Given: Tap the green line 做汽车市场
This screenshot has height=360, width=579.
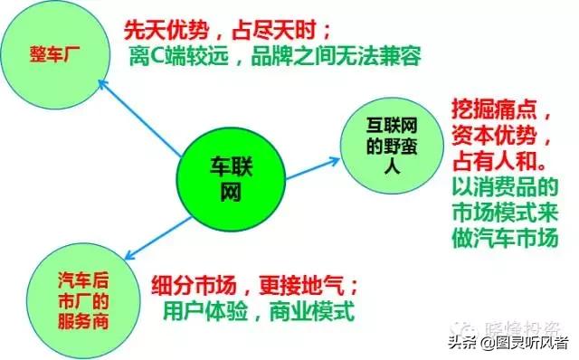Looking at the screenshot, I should click(506, 241).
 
